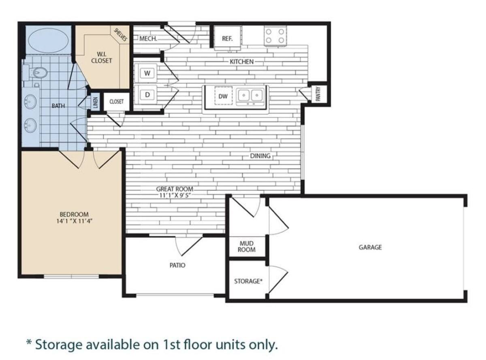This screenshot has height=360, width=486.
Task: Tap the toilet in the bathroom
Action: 39,73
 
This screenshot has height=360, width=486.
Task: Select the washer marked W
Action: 147,73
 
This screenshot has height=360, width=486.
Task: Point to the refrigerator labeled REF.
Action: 227,39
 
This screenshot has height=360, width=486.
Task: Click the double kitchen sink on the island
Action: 250,96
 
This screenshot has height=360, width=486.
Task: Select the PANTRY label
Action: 318,94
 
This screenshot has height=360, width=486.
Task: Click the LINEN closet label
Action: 95,101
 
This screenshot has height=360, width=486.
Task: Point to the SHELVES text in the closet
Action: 121,35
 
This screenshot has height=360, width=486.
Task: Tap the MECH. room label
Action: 148,39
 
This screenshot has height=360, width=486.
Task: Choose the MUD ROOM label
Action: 246,246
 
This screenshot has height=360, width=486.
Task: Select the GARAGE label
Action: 370,247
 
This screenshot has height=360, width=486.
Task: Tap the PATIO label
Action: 177,265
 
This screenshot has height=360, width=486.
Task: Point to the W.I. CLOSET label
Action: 101,57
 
